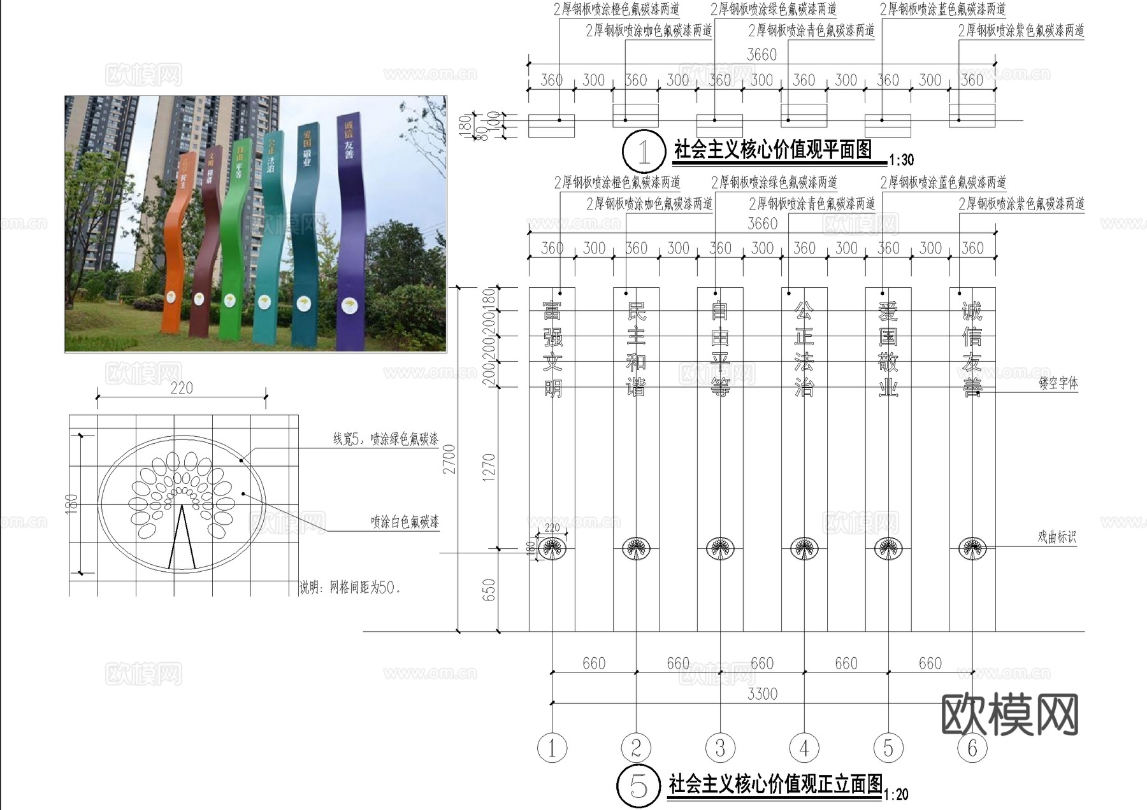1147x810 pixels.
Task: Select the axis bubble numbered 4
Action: tap(804, 748)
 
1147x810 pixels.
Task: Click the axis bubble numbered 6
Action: tap(972, 748)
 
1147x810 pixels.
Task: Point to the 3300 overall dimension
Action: tap(762, 694)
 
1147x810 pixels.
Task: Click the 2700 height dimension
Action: tap(450, 458)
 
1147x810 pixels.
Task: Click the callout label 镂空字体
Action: tap(1058, 383)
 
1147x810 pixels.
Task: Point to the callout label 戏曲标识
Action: tap(1057, 537)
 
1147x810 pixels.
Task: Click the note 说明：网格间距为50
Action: tap(351, 588)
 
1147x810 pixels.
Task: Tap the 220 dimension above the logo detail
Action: tap(182, 388)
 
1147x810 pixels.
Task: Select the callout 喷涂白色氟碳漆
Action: tap(405, 522)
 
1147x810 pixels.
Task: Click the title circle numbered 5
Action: tap(638, 786)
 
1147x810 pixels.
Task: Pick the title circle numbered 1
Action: tap(644, 152)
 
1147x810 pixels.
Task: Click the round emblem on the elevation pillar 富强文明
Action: tap(552, 548)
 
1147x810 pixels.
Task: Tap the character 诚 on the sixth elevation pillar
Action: tap(972, 311)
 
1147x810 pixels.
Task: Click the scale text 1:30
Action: tap(901, 160)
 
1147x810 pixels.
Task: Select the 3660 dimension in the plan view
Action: tap(762, 55)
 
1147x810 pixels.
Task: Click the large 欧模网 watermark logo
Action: tap(1009, 714)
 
